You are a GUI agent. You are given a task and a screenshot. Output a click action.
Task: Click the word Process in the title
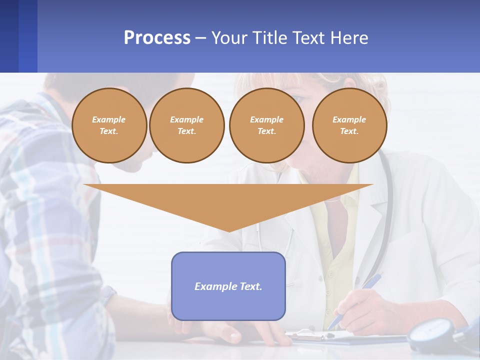pos(157,38)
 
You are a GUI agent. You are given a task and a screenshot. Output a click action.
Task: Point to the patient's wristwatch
pos(107,295)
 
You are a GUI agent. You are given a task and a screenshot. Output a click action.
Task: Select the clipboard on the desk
pos(320,337)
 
